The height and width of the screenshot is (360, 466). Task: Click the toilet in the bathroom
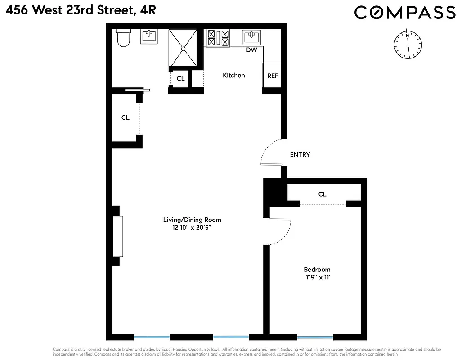click(x=123, y=38)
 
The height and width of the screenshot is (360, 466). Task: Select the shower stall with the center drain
click(x=183, y=47)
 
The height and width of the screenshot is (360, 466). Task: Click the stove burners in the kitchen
click(x=218, y=37)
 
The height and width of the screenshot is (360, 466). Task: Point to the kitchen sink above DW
click(x=251, y=36)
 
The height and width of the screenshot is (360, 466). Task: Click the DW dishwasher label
click(x=251, y=50)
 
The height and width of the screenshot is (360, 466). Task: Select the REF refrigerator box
click(x=272, y=76)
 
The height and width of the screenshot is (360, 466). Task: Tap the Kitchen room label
click(x=234, y=75)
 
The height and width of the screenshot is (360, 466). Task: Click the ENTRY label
click(x=300, y=154)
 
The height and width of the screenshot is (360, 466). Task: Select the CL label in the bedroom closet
click(x=322, y=194)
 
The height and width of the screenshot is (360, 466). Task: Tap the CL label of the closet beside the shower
click(x=180, y=78)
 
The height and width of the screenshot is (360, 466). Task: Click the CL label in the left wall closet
click(x=125, y=117)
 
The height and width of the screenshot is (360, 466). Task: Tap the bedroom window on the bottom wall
click(x=315, y=337)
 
